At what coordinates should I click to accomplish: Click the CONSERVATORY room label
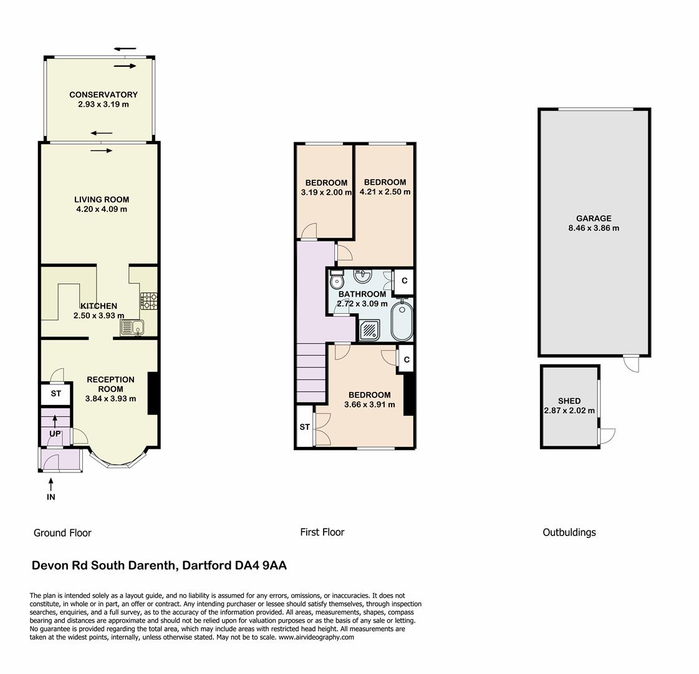(104, 95)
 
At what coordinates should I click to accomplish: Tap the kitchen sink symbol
(132, 326)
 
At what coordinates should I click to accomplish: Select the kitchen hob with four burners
(149, 301)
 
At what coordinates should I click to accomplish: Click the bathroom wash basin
(362, 275)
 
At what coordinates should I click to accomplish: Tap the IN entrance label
(51, 497)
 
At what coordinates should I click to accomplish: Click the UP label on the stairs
(55, 434)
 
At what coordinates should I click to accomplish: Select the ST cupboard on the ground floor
(56, 394)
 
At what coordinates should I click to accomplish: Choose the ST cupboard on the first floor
(304, 427)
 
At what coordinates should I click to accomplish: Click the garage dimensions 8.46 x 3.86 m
(594, 228)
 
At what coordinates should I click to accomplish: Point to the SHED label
(569, 401)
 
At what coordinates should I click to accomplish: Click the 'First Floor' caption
(322, 532)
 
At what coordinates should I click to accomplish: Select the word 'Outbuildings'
(569, 532)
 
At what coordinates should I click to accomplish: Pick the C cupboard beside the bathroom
(405, 281)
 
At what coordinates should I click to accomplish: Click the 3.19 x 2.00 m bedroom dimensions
(326, 192)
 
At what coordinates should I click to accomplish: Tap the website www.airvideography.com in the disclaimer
(316, 637)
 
